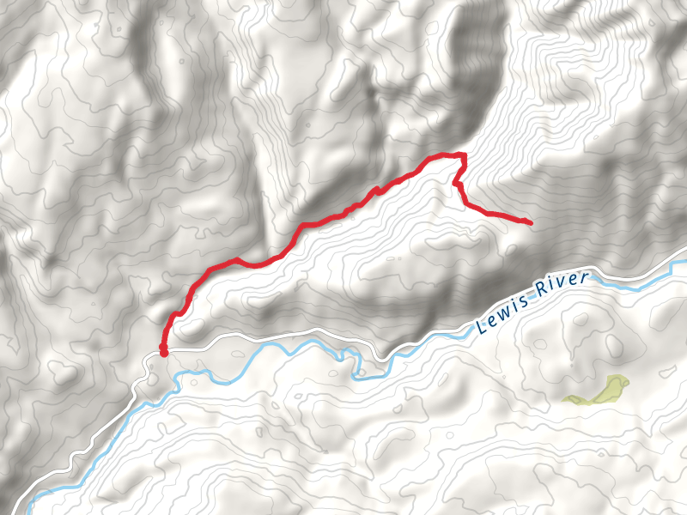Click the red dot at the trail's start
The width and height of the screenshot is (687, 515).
(x=163, y=350)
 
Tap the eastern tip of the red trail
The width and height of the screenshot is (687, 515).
(x=530, y=223)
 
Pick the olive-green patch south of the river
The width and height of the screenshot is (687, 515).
(x=597, y=391)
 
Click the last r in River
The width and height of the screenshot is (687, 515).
(x=586, y=278)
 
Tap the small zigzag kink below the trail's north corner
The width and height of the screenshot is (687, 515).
(x=457, y=183)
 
